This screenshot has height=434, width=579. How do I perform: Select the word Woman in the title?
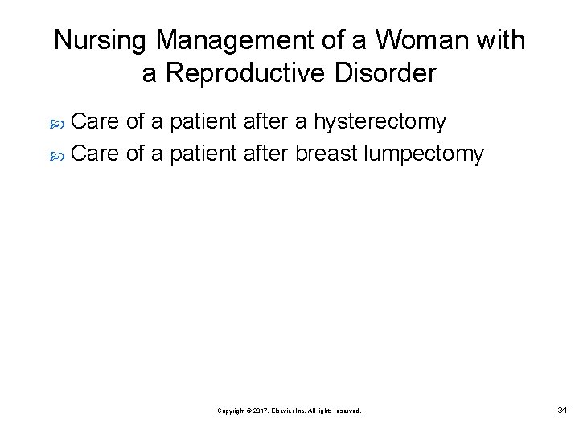click(x=420, y=41)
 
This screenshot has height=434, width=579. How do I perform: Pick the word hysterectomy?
click(x=380, y=123)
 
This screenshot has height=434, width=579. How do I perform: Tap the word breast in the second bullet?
click(x=326, y=153)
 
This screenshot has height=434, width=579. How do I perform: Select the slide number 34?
click(x=561, y=411)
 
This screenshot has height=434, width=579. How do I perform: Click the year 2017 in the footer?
click(x=258, y=411)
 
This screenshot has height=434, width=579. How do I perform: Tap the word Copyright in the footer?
click(x=232, y=411)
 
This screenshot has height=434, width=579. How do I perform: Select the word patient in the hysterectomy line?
click(x=202, y=122)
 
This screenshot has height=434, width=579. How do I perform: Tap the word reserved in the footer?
click(x=346, y=411)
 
